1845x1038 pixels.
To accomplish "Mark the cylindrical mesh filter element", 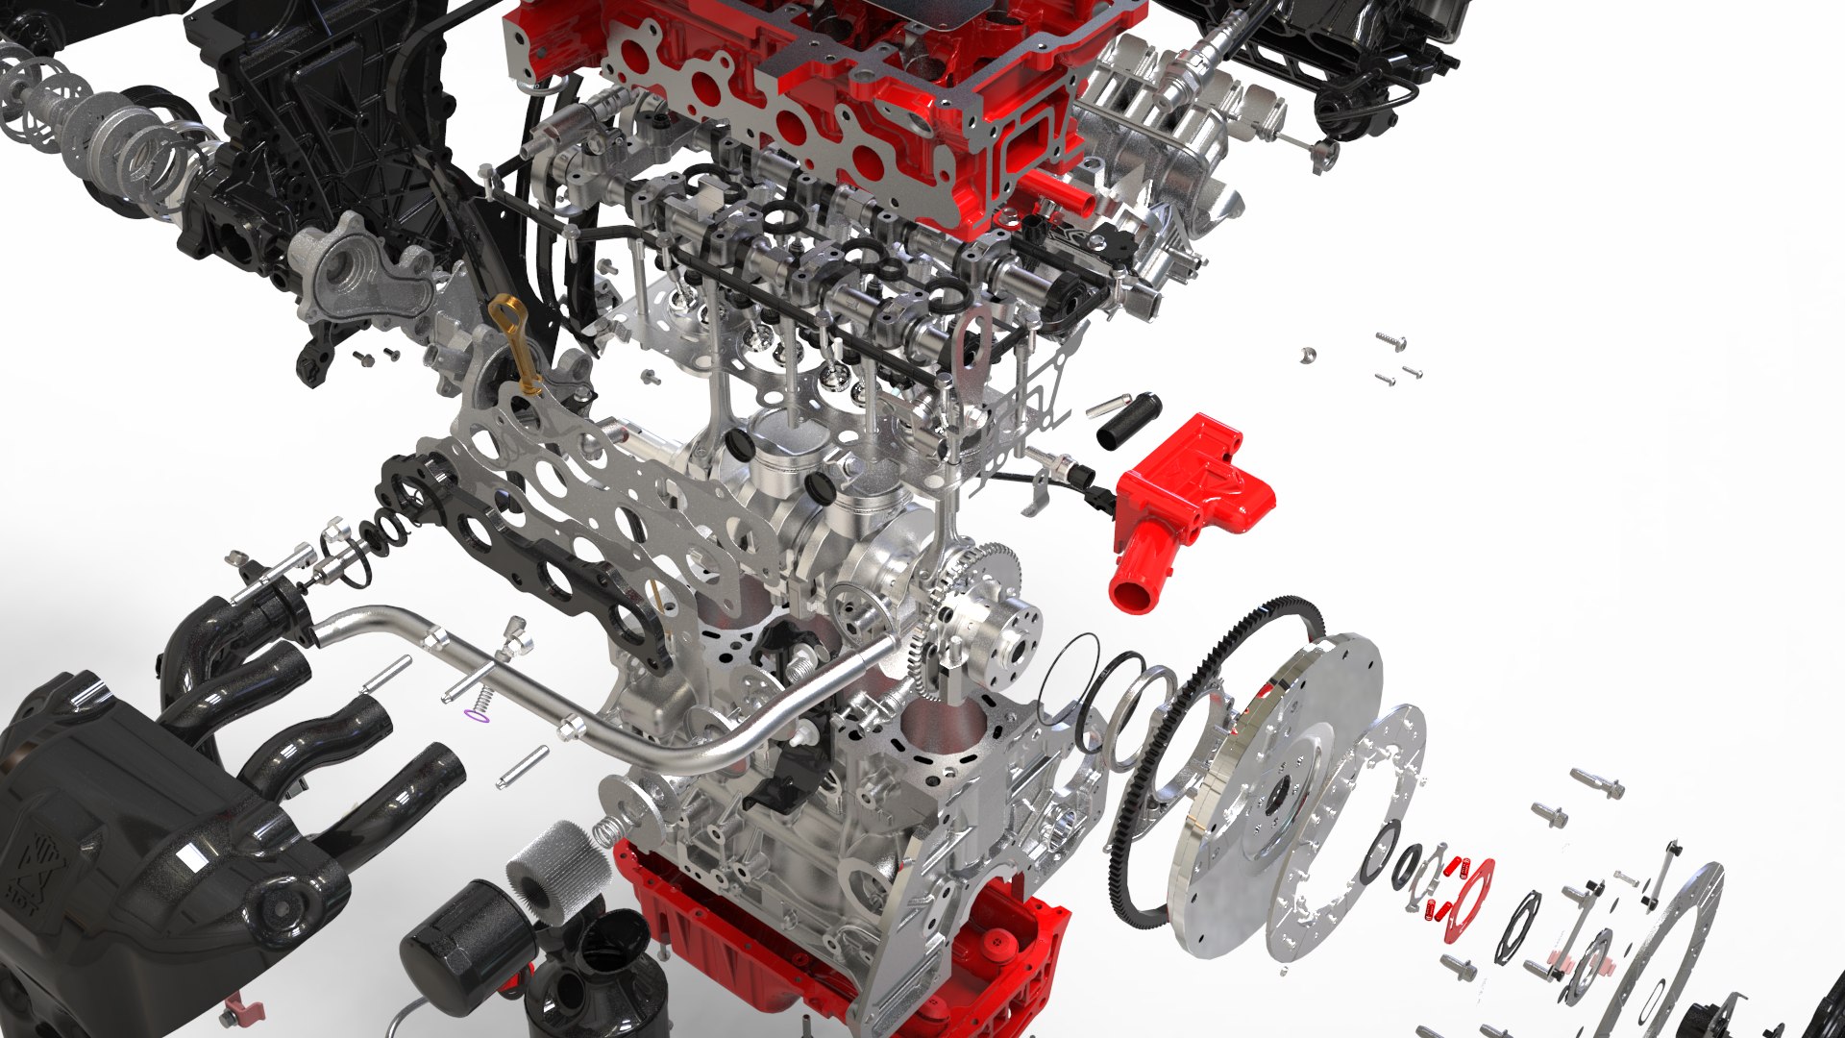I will (x=557, y=865).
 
